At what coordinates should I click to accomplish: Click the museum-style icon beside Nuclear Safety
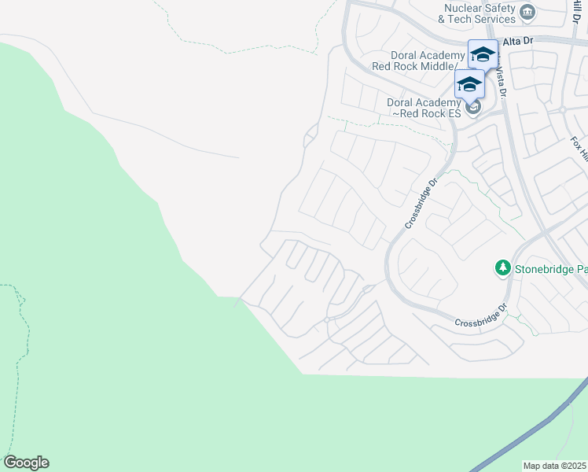click(x=527, y=12)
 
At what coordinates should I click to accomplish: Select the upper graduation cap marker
click(x=483, y=54)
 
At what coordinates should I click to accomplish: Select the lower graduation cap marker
click(x=469, y=83)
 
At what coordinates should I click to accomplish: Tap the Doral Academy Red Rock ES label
click(x=424, y=109)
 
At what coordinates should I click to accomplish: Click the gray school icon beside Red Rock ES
click(x=472, y=108)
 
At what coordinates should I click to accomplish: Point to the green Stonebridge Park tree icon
click(x=502, y=268)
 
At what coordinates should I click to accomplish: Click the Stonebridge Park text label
click(x=551, y=269)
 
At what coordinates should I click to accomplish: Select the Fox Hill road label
click(x=579, y=149)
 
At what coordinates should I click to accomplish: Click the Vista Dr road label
click(x=500, y=82)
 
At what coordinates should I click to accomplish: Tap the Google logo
click(x=26, y=463)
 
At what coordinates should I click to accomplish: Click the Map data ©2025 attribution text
click(x=554, y=466)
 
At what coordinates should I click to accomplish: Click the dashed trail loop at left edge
click(x=17, y=330)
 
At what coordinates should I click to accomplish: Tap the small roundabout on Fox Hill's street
click(x=563, y=109)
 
